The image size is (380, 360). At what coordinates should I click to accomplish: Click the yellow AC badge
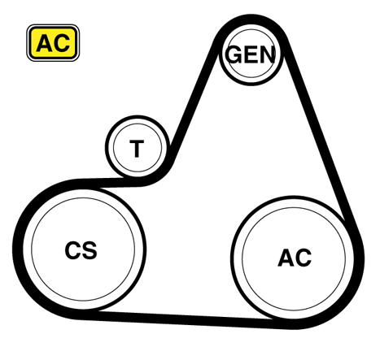53,43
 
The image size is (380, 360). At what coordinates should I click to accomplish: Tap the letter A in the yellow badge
45,43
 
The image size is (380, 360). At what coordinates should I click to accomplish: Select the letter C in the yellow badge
62,43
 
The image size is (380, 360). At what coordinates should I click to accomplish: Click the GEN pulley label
251,54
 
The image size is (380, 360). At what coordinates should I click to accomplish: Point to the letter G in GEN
234,54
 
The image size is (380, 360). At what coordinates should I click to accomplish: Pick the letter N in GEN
268,54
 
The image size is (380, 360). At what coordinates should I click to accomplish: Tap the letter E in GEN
251,54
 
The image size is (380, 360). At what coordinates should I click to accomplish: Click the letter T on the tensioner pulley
137,149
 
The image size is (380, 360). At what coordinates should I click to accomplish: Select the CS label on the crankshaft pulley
81,250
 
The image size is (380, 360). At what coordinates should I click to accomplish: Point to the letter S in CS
90,250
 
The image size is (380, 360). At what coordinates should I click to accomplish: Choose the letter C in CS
72,250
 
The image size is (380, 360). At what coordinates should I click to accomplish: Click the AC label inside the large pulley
295,258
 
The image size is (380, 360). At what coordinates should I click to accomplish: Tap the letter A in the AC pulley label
286,258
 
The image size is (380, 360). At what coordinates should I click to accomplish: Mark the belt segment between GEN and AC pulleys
320,136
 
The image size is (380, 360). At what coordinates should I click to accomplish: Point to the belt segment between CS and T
108,183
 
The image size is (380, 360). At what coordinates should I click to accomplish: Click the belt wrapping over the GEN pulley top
251,20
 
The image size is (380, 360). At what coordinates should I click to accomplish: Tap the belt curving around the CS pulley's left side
18,249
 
